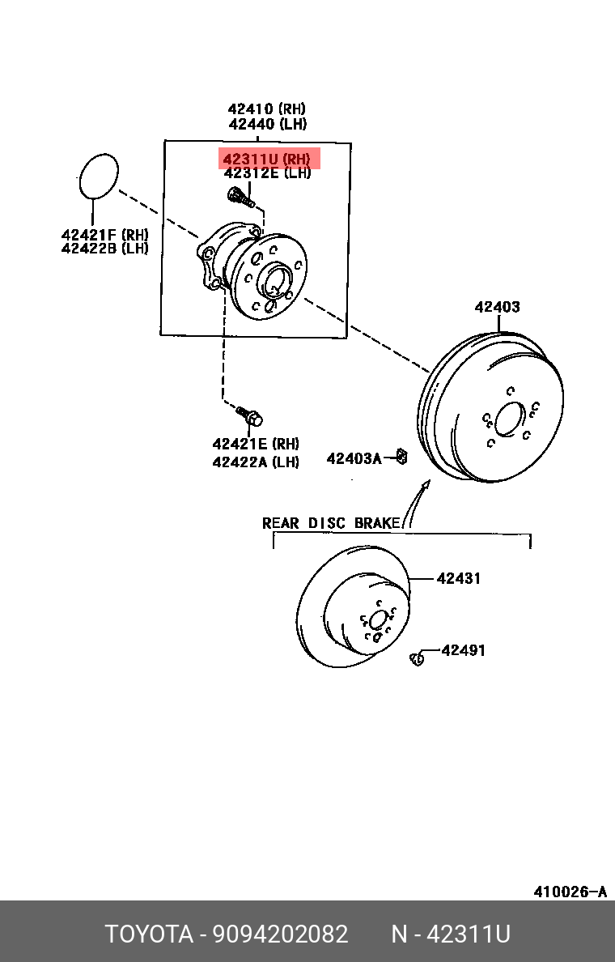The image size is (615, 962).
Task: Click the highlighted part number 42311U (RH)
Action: pyautogui.click(x=266, y=159)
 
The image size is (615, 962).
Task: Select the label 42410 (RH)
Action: pyautogui.click(x=266, y=109)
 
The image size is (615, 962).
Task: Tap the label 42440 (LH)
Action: pyautogui.click(x=266, y=124)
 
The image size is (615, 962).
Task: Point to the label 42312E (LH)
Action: pyautogui.click(x=266, y=173)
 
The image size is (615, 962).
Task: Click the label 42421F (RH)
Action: pyautogui.click(x=104, y=235)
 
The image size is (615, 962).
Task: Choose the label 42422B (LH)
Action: pyautogui.click(x=104, y=249)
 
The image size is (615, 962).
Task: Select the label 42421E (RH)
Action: pyautogui.click(x=255, y=444)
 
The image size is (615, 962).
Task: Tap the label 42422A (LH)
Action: pyautogui.click(x=255, y=462)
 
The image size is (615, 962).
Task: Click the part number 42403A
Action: pyautogui.click(x=354, y=459)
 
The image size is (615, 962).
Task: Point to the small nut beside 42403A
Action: pyautogui.click(x=402, y=458)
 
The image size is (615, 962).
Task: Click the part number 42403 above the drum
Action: pyautogui.click(x=497, y=307)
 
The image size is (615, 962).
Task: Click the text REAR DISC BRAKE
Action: pyautogui.click(x=332, y=523)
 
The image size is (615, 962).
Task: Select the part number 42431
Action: pyautogui.click(x=459, y=578)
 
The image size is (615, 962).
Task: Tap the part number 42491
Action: pyautogui.click(x=464, y=649)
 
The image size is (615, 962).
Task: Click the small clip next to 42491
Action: pyautogui.click(x=418, y=658)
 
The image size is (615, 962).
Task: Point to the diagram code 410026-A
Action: pyautogui.click(x=569, y=892)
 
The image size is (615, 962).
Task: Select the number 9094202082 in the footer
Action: pyautogui.click(x=280, y=934)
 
